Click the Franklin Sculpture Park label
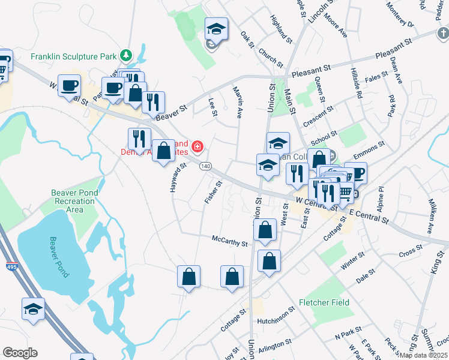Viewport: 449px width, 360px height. [x=73, y=57]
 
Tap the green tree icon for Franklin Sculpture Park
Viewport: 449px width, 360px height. [x=125, y=55]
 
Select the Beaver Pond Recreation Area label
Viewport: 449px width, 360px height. [x=75, y=202]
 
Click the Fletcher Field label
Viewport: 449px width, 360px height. [x=325, y=302]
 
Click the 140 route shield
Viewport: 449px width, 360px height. [x=205, y=166]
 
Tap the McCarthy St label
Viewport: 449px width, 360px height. [x=230, y=241]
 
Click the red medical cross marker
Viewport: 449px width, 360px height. [x=197, y=146]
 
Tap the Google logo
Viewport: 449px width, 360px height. [x=20, y=352]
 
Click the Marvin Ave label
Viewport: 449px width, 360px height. [x=237, y=101]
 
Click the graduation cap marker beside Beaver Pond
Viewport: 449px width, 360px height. [x=34, y=308]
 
